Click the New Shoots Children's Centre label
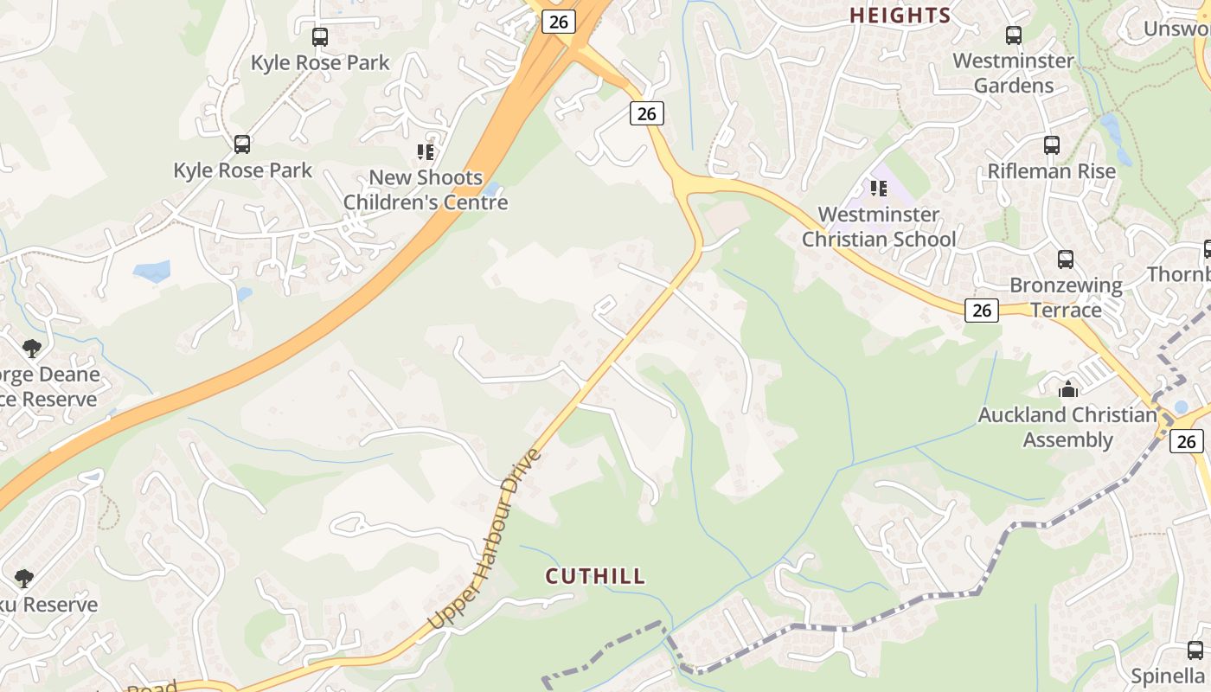[x=425, y=190]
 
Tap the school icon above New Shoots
[x=425, y=152]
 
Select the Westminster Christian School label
[x=879, y=227]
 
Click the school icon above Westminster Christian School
[x=879, y=188]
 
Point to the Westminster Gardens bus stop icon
[x=1014, y=35]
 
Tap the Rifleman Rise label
[x=1052, y=171]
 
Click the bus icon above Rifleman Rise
[x=1052, y=145]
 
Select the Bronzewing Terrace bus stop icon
[x=1066, y=259]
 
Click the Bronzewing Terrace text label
[x=1066, y=298]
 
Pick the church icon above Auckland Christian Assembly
[x=1068, y=389]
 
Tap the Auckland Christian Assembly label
[x=1067, y=427]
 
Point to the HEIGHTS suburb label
[x=900, y=16]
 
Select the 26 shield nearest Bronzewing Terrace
[x=982, y=311]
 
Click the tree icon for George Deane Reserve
[x=32, y=349]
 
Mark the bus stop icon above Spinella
[x=1195, y=650]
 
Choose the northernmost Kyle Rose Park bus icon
[x=320, y=37]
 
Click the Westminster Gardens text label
[x=1013, y=74]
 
